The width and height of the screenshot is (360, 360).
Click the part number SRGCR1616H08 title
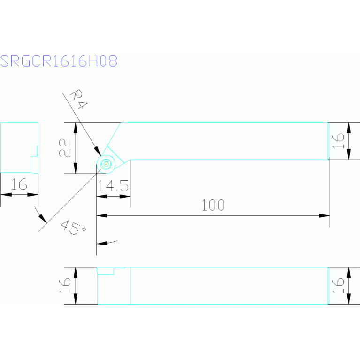pyautogui.click(x=59, y=61)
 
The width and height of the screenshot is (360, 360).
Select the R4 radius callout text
pyautogui.click(x=78, y=99)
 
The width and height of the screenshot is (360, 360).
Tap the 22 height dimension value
pyautogui.click(x=65, y=148)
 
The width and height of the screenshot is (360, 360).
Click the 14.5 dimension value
pyautogui.click(x=113, y=186)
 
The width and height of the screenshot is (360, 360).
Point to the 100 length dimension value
pyautogui.click(x=213, y=205)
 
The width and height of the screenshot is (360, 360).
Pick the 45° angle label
pyautogui.click(x=73, y=227)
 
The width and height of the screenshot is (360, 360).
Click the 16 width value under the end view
pyautogui.click(x=19, y=184)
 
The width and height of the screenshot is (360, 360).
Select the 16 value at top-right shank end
pyautogui.click(x=338, y=141)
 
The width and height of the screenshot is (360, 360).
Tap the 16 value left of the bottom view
pyautogui.click(x=65, y=285)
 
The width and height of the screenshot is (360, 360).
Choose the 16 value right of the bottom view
pyautogui.click(x=338, y=285)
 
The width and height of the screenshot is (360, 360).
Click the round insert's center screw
pyautogui.click(x=106, y=164)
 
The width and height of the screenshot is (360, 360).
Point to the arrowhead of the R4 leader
pyautogui.click(x=98, y=151)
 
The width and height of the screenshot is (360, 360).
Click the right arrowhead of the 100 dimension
pyautogui.click(x=325, y=215)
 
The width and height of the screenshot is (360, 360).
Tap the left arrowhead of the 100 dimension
pyautogui.click(x=102, y=215)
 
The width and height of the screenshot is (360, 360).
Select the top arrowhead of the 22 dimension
pyautogui.click(x=76, y=128)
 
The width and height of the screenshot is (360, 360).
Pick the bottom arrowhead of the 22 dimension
pyautogui.click(x=76, y=169)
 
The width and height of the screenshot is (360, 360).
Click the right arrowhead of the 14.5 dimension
pyautogui.click(x=125, y=197)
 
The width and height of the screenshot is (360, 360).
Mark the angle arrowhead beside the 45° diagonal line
pyautogui.click(x=43, y=219)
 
